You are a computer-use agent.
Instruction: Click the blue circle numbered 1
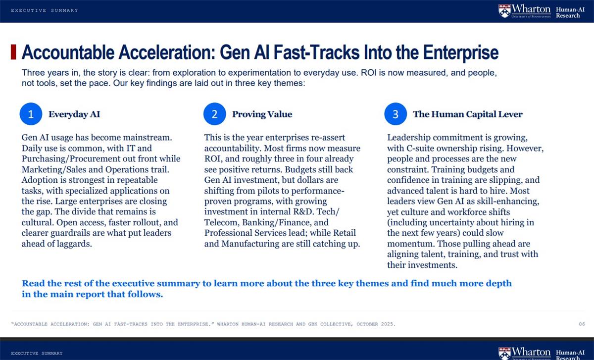31,114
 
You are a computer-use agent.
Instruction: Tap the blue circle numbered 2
214,114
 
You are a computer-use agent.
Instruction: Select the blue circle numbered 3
396,114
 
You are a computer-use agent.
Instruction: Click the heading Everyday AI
74,114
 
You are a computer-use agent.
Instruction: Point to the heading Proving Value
262,114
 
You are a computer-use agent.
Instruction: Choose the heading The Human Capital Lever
468,114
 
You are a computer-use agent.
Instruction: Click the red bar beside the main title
13,52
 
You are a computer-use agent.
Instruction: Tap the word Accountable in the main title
68,52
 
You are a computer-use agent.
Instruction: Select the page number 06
582,324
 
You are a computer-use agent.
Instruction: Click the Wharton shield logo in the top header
504,11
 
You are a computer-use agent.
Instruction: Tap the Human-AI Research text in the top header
570,12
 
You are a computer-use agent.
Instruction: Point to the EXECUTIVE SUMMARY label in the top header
45,10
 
